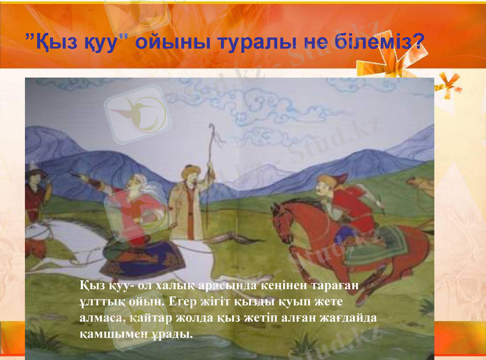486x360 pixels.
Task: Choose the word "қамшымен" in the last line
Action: coord(107,334)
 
